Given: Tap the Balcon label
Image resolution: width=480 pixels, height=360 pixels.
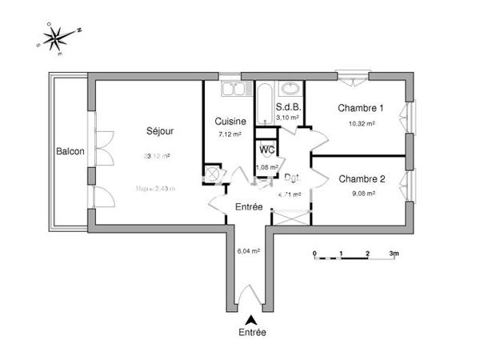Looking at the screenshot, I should coord(70,152).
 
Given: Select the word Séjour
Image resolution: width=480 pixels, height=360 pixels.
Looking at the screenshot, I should coord(160,131).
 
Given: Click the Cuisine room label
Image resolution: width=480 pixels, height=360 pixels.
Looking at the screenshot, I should coord(230,122).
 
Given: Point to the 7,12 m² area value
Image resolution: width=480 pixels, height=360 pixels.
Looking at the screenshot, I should coord(230,134).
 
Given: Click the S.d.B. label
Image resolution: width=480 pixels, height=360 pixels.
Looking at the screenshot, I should coord(288,107).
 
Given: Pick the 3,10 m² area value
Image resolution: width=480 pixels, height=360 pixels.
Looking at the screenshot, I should coord(288,118).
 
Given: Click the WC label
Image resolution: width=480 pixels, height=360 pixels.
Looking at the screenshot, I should coord(266,149).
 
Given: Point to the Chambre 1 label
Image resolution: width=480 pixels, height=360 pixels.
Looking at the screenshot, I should coord(361,109).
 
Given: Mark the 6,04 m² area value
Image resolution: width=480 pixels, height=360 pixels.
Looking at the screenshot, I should coord(249,250).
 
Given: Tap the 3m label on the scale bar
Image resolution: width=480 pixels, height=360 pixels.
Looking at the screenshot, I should coord(394,254).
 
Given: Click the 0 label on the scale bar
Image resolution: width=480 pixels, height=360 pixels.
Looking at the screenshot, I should coord(314,254).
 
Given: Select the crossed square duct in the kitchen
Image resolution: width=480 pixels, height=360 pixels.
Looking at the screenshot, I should coord(214,174).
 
